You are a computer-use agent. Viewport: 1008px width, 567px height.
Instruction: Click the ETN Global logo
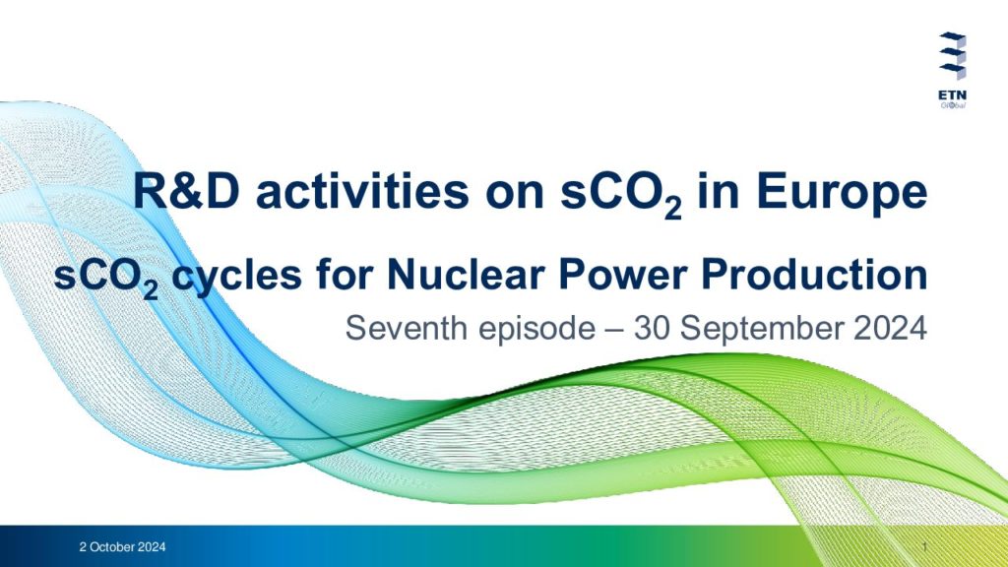coord(952,70)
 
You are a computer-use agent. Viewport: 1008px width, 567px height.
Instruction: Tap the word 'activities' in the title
coord(362,192)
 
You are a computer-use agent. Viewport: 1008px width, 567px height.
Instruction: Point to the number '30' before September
coord(653,329)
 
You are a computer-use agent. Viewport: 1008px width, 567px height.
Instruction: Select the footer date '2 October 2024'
coord(122,547)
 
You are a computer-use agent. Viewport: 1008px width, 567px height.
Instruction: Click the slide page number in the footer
coord(924,547)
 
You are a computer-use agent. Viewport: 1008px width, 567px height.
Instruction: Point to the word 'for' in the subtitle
coord(345,275)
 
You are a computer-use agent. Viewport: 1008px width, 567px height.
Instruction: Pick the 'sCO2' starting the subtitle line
coord(105,279)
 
